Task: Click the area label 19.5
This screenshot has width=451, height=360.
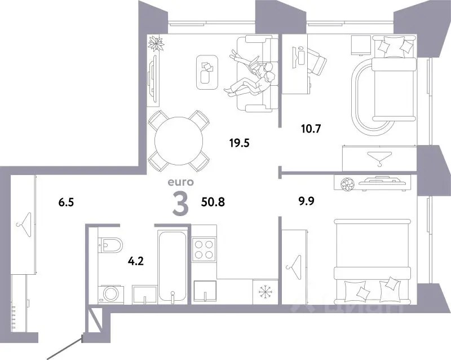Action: pos(239,143)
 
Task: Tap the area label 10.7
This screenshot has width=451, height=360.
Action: pos(311,129)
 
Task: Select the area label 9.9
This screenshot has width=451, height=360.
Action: pos(306,201)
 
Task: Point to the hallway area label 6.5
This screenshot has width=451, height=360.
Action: pos(66,202)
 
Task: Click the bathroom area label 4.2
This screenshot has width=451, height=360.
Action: pos(135,261)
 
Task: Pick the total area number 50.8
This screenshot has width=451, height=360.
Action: pos(213,202)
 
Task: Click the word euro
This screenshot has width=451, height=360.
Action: pos(180,182)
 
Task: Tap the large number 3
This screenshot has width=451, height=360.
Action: pos(180,204)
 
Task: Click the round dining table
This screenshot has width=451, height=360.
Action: pos(179,141)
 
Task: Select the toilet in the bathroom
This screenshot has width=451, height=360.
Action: pos(110,245)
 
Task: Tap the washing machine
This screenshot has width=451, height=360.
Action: pos(111,294)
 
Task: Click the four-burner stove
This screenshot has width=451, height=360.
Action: pos(204,249)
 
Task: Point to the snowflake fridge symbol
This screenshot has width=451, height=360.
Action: pos(264,292)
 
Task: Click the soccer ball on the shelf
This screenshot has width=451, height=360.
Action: pos(347,184)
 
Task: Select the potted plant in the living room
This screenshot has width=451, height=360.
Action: pos(156,43)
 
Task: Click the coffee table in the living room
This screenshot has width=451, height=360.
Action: pos(207,72)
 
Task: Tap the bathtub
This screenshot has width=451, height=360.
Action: pos(172,266)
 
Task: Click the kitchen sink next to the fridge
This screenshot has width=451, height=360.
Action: pos(205,291)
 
